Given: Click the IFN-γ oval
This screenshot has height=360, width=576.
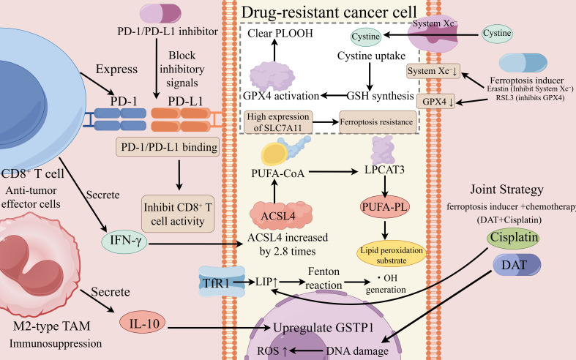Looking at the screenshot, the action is click(124, 241).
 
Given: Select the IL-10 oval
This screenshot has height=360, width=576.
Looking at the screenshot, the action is click(143, 323).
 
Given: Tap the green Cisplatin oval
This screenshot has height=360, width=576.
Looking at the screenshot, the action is click(513, 237).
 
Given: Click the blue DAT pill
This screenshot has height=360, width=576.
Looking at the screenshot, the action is click(517, 265).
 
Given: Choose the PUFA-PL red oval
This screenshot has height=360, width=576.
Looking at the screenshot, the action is click(385, 207).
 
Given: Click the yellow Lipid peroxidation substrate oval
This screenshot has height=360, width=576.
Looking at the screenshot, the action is click(392, 255).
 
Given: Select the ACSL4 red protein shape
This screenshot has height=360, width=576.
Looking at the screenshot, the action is click(281, 215).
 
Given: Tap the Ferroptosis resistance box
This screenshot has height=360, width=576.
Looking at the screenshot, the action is click(378, 122).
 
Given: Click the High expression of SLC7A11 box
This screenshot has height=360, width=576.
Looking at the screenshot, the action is click(278, 122).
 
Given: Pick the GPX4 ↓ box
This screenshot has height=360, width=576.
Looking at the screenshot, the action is click(435, 102).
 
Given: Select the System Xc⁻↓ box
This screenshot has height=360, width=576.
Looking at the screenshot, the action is click(433, 71).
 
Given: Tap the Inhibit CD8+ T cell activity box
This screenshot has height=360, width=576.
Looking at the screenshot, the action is click(178, 214).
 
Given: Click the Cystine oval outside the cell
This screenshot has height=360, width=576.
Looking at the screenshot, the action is click(497, 34).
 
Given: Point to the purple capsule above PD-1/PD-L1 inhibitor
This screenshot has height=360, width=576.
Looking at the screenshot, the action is click(160, 13).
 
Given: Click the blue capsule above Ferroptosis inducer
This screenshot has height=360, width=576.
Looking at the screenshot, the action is click(523, 62).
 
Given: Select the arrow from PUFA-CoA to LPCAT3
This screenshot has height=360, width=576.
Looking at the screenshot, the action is click(333, 171).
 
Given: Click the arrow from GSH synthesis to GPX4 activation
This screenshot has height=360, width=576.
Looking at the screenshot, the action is click(334, 96).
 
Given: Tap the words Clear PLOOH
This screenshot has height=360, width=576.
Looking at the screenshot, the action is click(280, 34).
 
